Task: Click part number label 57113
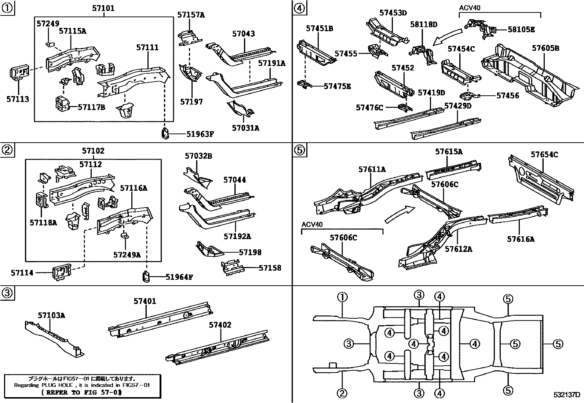tap(18, 99)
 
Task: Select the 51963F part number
tap(200, 134)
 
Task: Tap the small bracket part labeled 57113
tap(18, 73)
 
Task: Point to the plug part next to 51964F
tap(146, 276)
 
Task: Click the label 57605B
tap(545, 48)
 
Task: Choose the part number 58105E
tap(521, 30)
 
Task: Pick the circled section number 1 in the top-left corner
tap(7, 8)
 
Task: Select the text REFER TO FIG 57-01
tap(81, 392)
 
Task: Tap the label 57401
tap(145, 301)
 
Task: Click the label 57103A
tap(51, 315)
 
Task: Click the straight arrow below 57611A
tap(400, 214)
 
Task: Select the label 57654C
tap(544, 154)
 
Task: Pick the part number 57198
tap(250, 252)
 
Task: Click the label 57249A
tap(127, 254)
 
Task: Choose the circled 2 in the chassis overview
tap(342, 393)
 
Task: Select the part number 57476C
tap(369, 107)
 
